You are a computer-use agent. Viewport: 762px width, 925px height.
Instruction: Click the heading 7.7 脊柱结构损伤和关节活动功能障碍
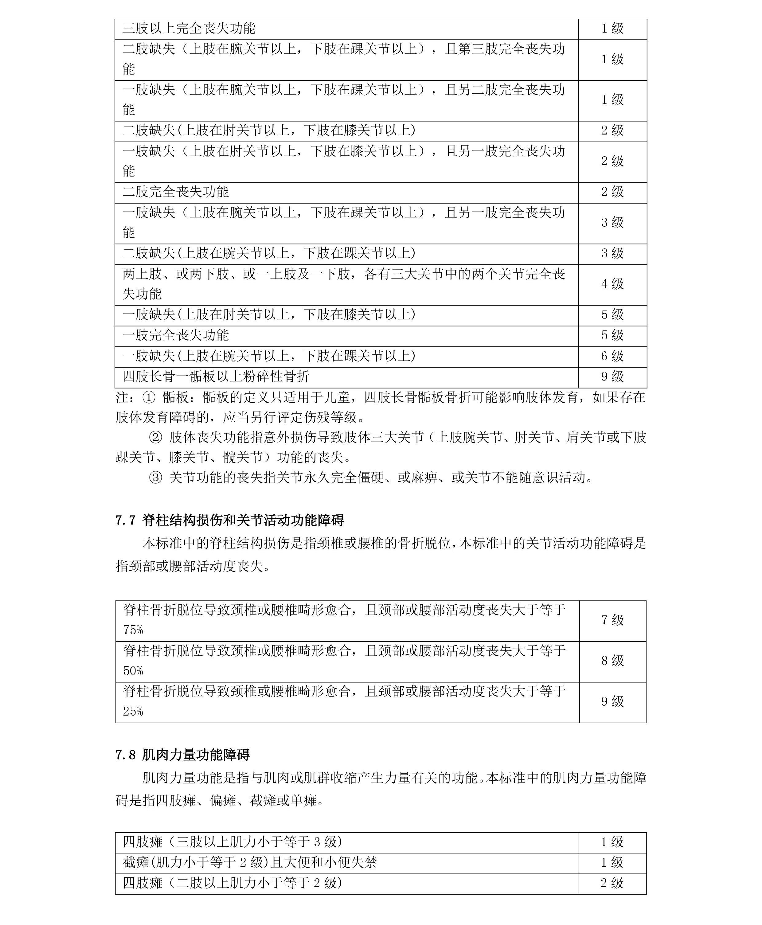(x=229, y=521)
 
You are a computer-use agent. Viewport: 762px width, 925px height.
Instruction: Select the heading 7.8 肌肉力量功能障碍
(x=183, y=755)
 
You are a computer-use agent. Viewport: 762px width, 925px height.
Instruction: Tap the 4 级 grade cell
(x=612, y=284)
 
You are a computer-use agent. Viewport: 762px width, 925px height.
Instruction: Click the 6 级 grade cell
(x=612, y=356)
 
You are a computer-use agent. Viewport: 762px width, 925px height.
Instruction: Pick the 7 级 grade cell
(x=612, y=620)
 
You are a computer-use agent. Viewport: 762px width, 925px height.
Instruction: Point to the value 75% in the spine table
(x=133, y=630)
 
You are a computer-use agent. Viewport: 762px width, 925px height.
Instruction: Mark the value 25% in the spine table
(x=133, y=711)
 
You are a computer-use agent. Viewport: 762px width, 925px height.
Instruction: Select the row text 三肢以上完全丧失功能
(x=189, y=29)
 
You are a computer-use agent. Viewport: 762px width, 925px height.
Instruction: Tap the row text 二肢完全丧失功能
(x=176, y=192)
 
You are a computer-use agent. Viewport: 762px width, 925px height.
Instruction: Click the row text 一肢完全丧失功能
(x=176, y=335)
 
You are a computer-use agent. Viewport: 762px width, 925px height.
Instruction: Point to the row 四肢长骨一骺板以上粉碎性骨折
(x=216, y=377)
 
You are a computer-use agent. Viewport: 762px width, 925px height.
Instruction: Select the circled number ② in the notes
(x=156, y=438)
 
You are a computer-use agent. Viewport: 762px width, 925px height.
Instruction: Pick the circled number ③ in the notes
(x=156, y=478)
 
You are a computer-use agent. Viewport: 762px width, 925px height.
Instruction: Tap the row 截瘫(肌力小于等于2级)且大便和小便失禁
(x=249, y=862)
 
